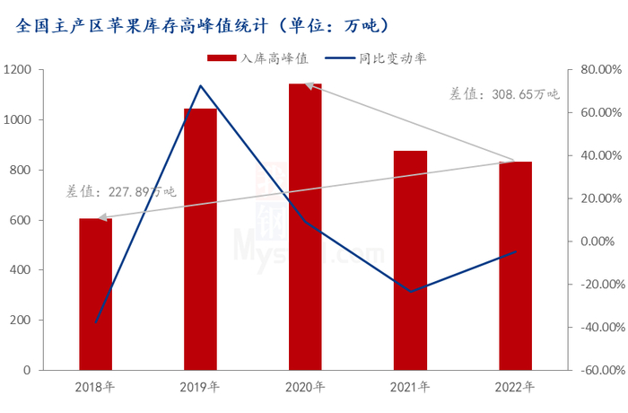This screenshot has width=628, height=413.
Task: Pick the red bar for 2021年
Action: pyautogui.click(x=410, y=260)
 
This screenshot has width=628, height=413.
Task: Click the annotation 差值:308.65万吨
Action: pyautogui.click(x=503, y=92)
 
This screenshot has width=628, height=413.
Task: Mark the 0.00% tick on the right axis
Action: pyautogui.click(x=599, y=242)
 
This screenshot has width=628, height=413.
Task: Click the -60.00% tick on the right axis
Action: pyautogui.click(x=595, y=370)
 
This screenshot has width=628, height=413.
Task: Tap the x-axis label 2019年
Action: pyautogui.click(x=200, y=388)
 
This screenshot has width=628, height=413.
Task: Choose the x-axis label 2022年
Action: pyautogui.click(x=515, y=388)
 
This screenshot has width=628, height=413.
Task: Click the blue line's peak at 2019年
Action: pyautogui.click(x=200, y=86)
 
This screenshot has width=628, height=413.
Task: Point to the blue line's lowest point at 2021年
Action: pyautogui.click(x=410, y=292)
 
